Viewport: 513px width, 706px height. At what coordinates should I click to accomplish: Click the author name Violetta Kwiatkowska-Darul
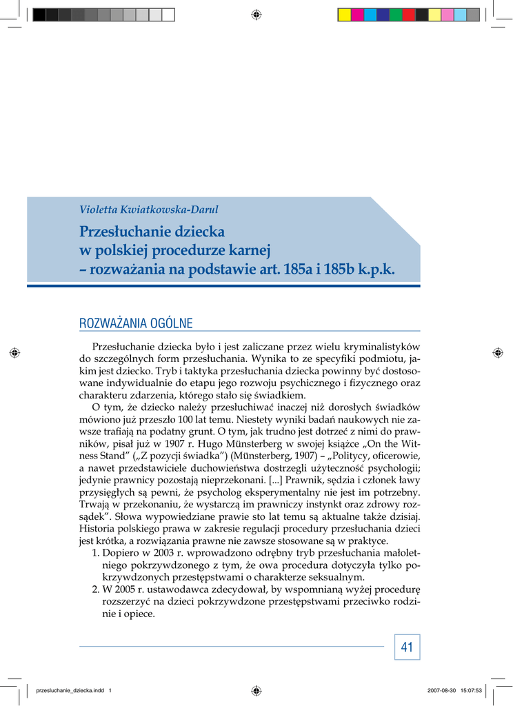[x=149, y=210]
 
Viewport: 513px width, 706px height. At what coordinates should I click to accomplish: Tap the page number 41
[x=407, y=647]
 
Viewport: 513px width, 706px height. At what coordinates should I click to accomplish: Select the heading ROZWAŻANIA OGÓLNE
[x=136, y=323]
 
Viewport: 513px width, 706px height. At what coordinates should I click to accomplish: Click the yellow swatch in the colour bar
[x=434, y=14]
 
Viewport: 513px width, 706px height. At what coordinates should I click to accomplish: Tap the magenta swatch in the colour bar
[x=357, y=14]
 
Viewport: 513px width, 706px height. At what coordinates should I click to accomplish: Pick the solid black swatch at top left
[x=39, y=14]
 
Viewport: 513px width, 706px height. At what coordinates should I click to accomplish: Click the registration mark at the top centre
[x=256, y=14]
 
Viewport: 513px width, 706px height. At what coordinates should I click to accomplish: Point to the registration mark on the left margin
[x=14, y=352]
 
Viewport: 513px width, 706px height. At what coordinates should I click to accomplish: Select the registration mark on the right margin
[x=498, y=352]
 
